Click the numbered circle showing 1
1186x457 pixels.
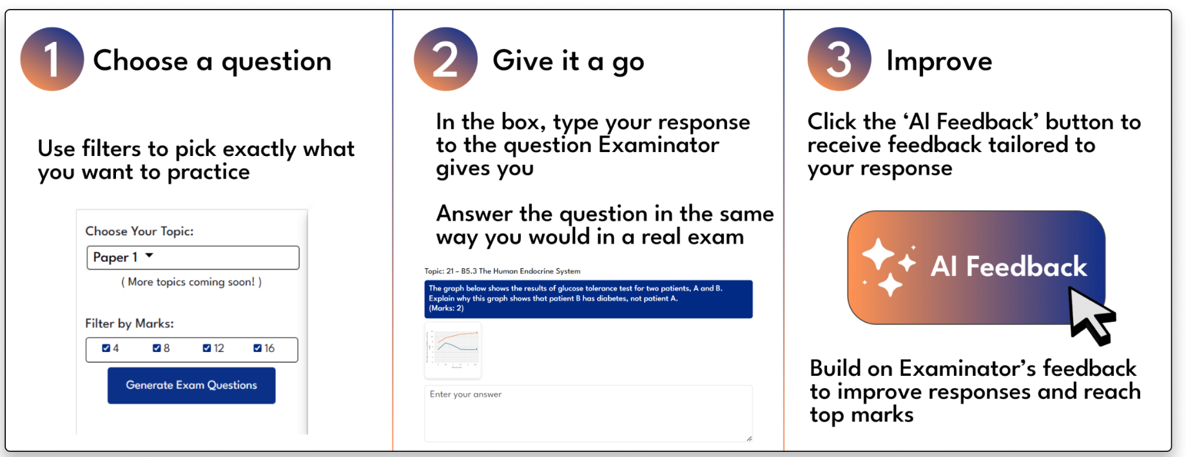[52, 59]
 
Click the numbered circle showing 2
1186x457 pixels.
[445, 59]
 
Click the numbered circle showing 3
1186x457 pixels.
[839, 59]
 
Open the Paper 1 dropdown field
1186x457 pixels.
[193, 257]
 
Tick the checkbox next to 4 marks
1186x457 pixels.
[106, 348]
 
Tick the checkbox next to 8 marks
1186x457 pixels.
[157, 348]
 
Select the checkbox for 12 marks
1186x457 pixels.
[207, 348]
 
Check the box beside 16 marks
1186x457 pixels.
[257, 348]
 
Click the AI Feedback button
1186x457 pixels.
[976, 267]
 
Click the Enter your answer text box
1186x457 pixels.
[588, 413]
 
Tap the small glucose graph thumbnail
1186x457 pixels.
[453, 350]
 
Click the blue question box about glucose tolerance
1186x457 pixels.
[588, 298]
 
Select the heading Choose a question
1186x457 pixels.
[212, 61]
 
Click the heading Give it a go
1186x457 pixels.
[568, 61]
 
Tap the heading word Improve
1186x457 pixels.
[938, 61]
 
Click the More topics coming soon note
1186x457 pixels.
[191, 282]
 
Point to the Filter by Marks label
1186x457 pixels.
[130, 324]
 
